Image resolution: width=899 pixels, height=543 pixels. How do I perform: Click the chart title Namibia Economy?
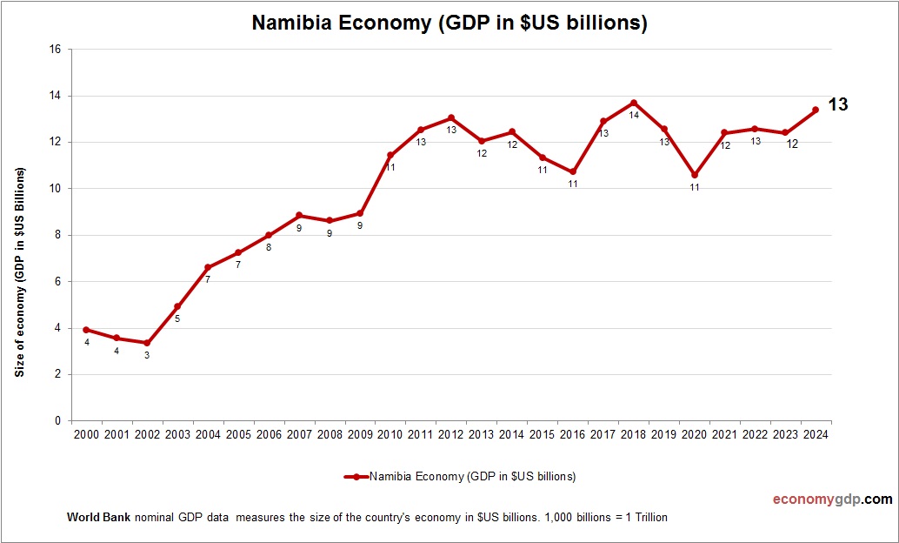tap(449, 23)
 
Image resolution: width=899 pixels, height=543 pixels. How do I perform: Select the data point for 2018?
tap(634, 103)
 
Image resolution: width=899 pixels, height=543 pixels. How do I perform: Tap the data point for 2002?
tap(147, 343)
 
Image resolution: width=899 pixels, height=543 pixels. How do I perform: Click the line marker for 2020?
tap(695, 175)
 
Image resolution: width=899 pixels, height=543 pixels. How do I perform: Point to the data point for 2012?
tap(451, 117)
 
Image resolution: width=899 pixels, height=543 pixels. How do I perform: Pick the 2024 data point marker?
tap(816, 110)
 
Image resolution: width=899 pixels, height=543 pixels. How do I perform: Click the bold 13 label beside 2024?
tap(837, 104)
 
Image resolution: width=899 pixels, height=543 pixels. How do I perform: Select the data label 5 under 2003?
tap(177, 319)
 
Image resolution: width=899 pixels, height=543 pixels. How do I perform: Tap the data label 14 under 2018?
tap(634, 115)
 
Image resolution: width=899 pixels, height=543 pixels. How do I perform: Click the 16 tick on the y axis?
tap(55, 50)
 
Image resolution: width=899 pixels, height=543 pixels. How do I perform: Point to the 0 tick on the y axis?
tap(57, 421)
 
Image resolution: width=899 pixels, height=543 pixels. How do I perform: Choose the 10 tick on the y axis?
tap(55, 189)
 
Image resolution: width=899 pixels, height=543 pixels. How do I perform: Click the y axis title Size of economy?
tap(19, 271)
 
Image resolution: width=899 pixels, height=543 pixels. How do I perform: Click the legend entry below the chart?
tap(460, 477)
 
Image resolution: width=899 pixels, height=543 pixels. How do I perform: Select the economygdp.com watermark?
tap(832, 499)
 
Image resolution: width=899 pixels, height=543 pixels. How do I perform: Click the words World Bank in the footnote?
tap(98, 518)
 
